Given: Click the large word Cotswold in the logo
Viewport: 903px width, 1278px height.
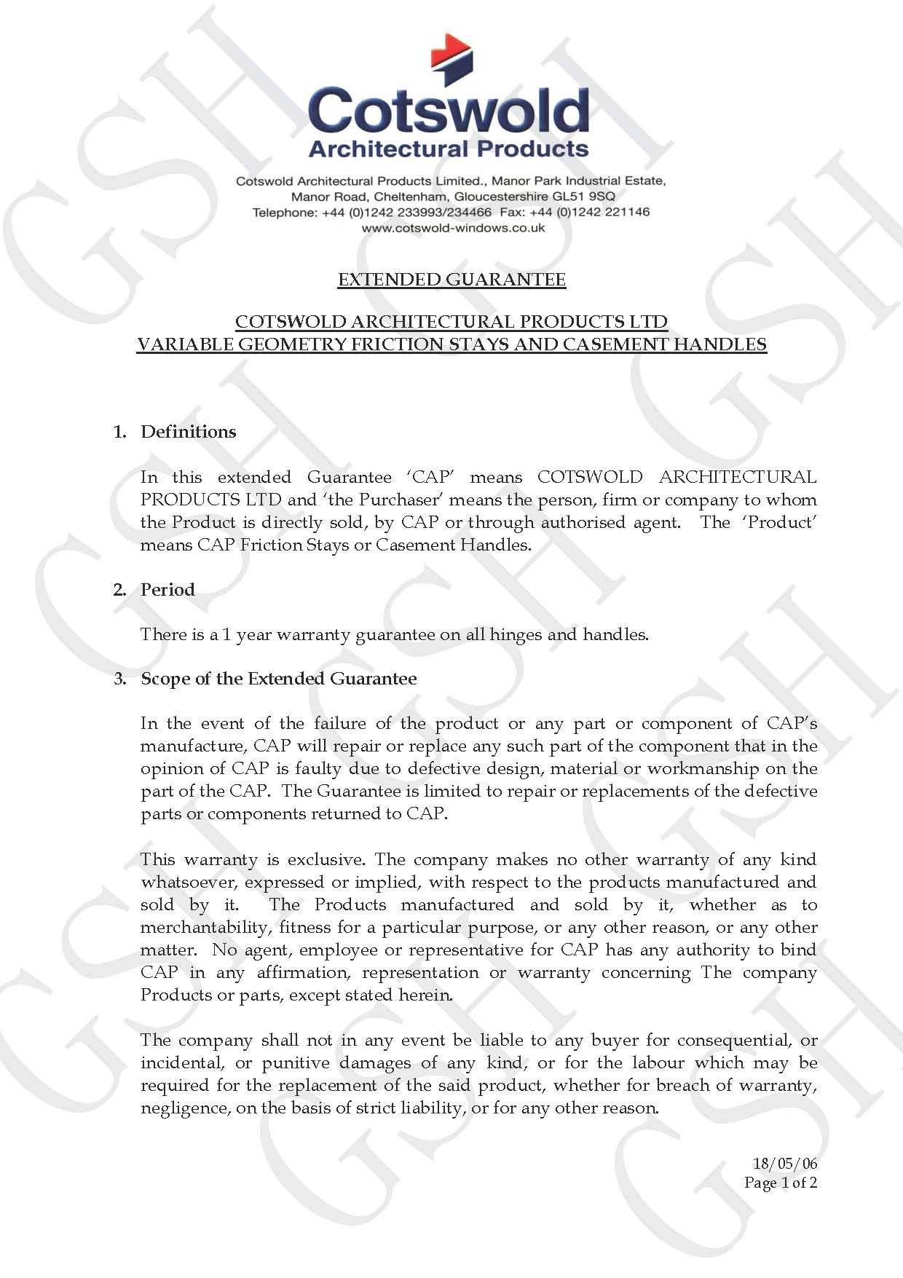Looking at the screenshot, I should [449, 111].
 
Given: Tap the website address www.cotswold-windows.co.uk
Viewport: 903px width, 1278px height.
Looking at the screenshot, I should [453, 228].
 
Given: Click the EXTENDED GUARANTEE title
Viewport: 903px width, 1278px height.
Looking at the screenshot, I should [451, 280].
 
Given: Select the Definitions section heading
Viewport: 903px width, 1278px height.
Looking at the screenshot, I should [188, 432].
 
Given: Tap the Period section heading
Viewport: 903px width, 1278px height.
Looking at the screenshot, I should [167, 589].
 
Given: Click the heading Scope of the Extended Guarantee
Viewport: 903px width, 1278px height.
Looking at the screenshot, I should [278, 679].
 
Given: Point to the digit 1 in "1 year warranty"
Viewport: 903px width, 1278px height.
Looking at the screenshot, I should [226, 634].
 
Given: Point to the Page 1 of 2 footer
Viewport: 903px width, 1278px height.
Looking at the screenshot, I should [780, 1183].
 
